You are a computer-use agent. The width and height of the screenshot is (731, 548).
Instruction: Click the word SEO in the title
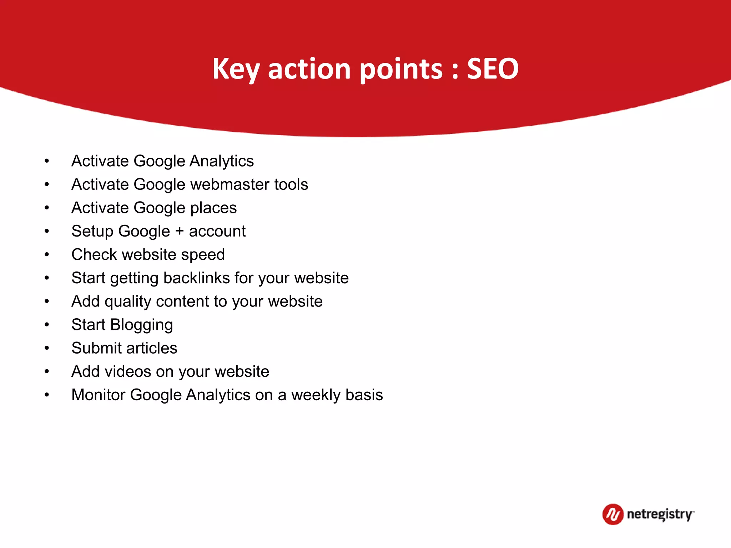pos(493,68)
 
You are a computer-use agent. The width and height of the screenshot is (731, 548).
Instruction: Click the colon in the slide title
pos(455,71)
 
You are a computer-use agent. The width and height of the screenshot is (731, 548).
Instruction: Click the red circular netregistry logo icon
pos(612,514)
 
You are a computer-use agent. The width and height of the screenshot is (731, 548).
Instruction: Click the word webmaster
pos(230,184)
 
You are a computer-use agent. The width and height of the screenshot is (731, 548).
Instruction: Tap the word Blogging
pos(141,325)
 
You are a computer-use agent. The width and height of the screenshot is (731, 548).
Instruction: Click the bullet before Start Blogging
pos(47,325)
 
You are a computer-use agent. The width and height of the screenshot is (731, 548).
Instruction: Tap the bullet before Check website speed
pos(47,255)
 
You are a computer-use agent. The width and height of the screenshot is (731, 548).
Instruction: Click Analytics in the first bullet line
pos(222,161)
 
